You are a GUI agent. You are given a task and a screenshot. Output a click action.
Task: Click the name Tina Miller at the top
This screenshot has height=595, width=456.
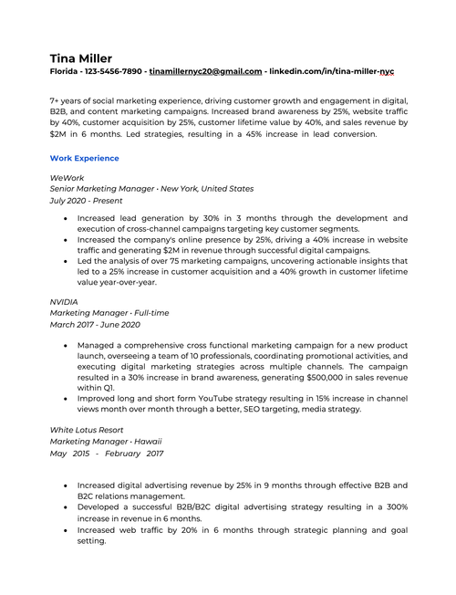click(81, 57)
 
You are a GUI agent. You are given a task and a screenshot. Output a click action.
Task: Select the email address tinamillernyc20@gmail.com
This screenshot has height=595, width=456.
click(205, 71)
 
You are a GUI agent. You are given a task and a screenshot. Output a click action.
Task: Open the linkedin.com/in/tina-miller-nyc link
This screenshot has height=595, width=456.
click(333, 71)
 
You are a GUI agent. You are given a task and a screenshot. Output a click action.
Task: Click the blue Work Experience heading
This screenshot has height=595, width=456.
click(84, 158)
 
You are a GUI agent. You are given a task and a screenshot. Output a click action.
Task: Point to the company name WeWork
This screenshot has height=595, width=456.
click(66, 176)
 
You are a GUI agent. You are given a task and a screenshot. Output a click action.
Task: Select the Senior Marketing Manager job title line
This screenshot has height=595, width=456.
click(151, 188)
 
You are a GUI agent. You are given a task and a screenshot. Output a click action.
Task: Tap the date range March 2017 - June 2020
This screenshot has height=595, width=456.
click(95, 324)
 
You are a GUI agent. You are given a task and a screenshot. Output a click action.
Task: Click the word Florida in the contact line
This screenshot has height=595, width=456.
click(64, 71)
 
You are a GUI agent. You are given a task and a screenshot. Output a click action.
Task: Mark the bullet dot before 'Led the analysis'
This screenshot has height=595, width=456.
click(63, 261)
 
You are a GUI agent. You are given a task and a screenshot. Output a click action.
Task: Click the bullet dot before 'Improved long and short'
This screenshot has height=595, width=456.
click(63, 398)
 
